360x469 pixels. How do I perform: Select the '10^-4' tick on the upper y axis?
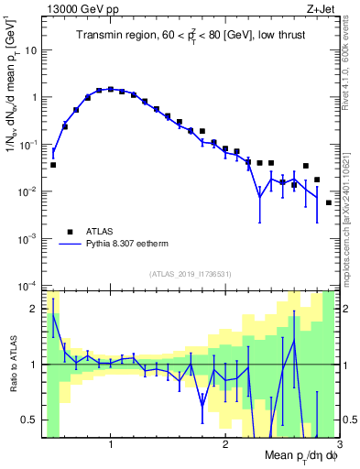(x=28, y=286)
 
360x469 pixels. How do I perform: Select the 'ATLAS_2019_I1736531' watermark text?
(x=190, y=274)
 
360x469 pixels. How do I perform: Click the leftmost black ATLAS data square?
(x=53, y=165)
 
